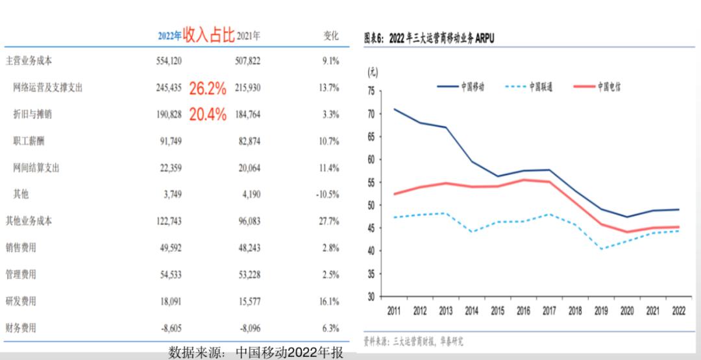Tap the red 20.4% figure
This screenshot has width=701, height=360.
pyautogui.click(x=208, y=115)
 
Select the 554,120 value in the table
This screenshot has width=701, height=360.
pyautogui.click(x=168, y=61)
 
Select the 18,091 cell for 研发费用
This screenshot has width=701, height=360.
pyautogui.click(x=169, y=302)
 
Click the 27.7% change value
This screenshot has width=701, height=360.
pyautogui.click(x=329, y=221)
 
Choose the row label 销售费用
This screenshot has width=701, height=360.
pyautogui.click(x=21, y=248)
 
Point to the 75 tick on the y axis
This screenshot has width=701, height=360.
pyautogui.click(x=371, y=91)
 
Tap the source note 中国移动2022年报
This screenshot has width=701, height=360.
pyautogui.click(x=289, y=353)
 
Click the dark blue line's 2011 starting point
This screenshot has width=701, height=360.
pyautogui.click(x=395, y=109)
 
